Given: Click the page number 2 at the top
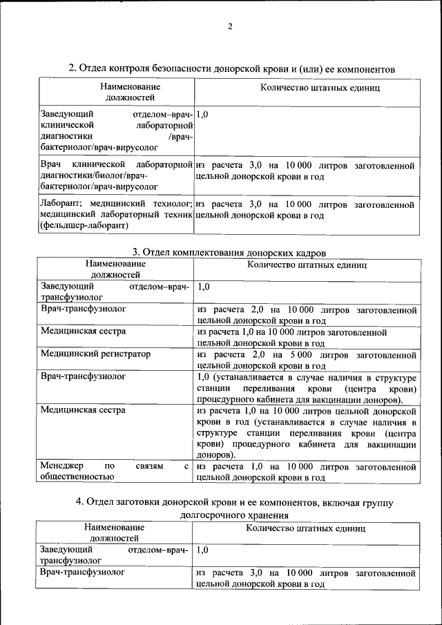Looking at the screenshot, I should tap(231, 27).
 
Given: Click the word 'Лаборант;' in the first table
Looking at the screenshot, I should tap(60, 204).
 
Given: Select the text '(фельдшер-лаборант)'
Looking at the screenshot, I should tap(84, 226).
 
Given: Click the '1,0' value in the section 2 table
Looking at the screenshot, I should tap(202, 113).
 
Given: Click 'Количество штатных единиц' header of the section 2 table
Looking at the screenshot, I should tap(319, 88).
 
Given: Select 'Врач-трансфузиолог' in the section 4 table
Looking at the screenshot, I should tap(83, 573).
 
